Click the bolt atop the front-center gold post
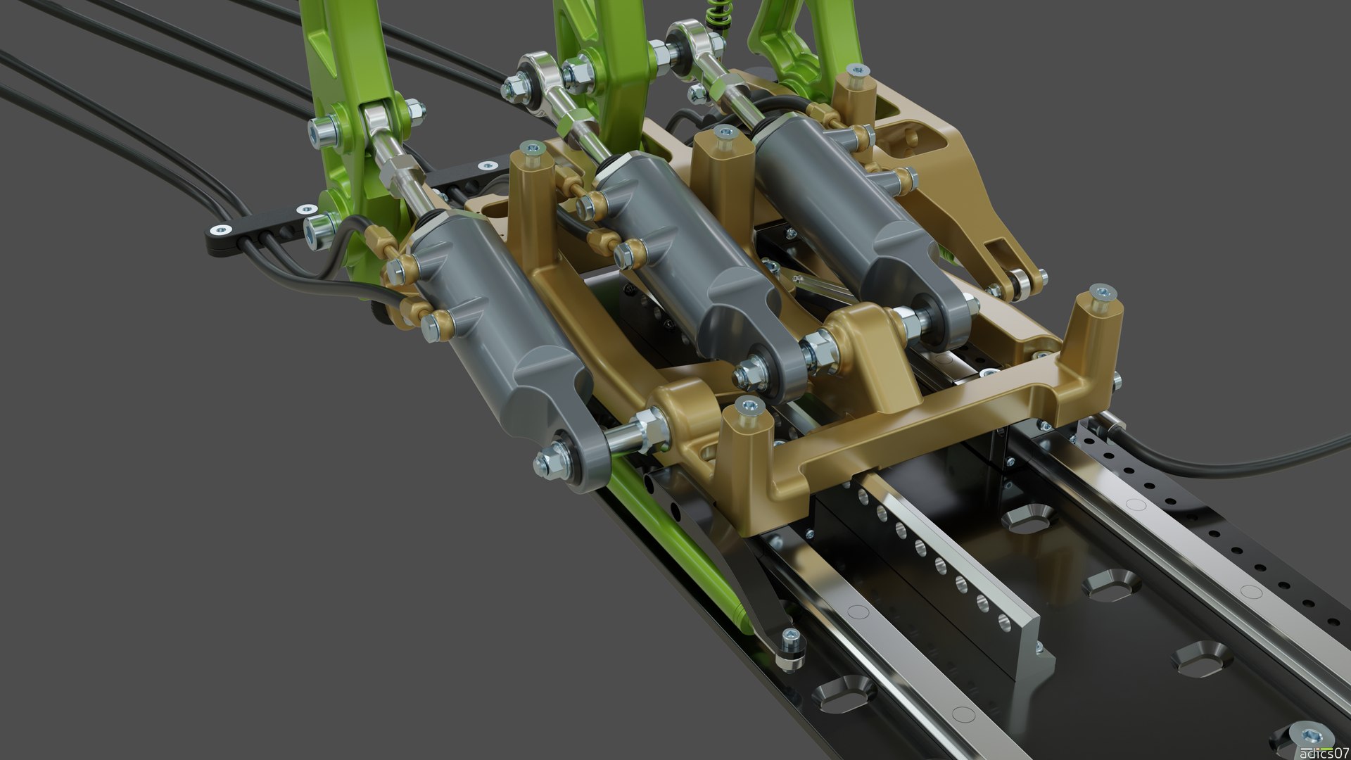[746, 405]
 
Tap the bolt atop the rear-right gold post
[856, 71]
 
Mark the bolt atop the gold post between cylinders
[721, 133]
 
